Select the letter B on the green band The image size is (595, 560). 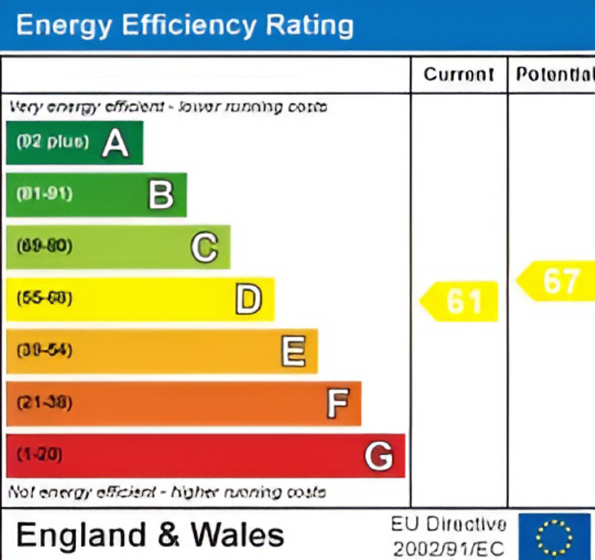tap(161, 195)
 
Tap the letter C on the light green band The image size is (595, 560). tap(205, 247)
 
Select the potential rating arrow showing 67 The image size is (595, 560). tap(557, 281)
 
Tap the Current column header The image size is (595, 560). tap(459, 74)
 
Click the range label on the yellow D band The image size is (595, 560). tap(44, 299)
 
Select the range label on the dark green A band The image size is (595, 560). tap(53, 142)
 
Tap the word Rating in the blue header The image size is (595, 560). tap(309, 25)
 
